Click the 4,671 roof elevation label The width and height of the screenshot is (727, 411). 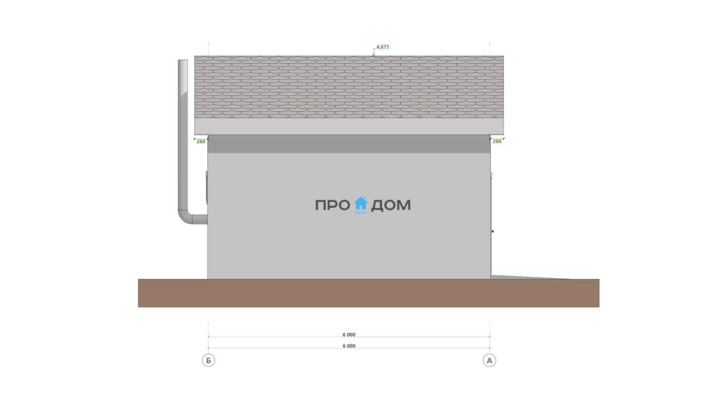click(x=383, y=46)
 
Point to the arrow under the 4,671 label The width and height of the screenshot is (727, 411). click(x=374, y=52)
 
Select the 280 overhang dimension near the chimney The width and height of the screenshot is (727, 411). click(x=201, y=142)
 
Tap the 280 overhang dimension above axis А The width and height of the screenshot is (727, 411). click(x=497, y=141)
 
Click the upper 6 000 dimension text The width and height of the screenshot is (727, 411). click(x=349, y=335)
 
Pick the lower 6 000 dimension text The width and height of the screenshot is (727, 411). click(x=349, y=346)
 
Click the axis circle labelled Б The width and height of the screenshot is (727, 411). click(x=208, y=360)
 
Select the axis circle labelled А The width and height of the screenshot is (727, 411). click(x=490, y=360)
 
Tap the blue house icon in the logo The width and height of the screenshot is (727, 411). click(x=361, y=203)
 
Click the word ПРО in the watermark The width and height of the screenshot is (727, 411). click(x=332, y=205)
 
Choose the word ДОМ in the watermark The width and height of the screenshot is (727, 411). click(x=391, y=205)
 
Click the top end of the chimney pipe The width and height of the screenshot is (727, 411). click(x=183, y=61)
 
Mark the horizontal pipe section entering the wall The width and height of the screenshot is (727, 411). click(x=200, y=219)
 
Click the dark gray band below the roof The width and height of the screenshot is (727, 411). click(x=349, y=144)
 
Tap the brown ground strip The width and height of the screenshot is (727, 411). click(x=369, y=293)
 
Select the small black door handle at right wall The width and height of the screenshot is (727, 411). click(x=493, y=231)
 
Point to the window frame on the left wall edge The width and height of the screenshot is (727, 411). click(x=206, y=188)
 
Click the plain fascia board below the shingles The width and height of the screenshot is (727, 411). click(x=349, y=126)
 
